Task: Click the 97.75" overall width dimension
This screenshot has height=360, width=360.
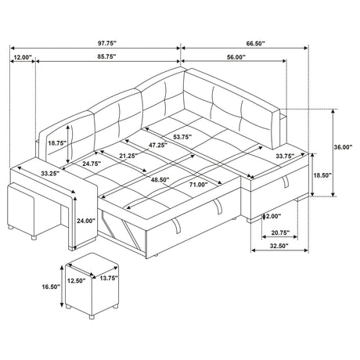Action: coord(106,44)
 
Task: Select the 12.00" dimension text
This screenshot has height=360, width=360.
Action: coord(23,57)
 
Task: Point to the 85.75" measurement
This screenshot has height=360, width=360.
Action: coord(106,56)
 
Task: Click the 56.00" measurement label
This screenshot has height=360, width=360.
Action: coord(236,57)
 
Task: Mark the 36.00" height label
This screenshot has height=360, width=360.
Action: coord(343,147)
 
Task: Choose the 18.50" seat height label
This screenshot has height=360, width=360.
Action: coord(322,175)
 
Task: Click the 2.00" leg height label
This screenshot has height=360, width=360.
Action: coord(273,216)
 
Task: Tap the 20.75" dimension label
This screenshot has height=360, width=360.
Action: coord(281,232)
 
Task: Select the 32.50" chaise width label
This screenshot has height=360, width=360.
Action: coord(279,246)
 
